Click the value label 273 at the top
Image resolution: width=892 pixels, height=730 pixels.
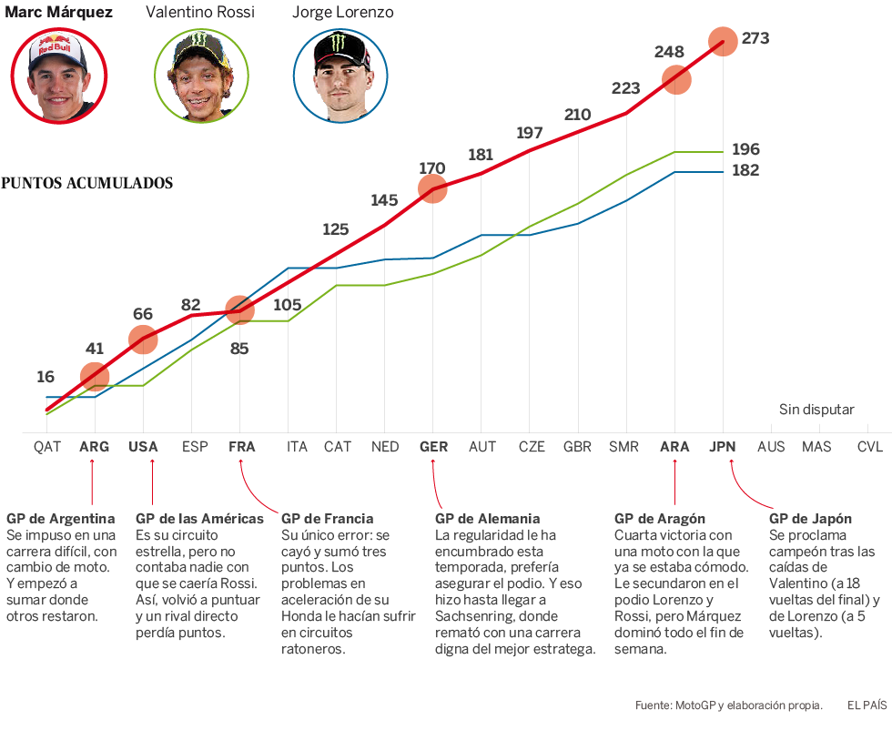coord(755,38)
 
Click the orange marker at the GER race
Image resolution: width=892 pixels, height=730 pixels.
coord(433,188)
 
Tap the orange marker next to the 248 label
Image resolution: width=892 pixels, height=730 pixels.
coord(675,79)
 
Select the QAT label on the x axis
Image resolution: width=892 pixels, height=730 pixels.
coord(47,447)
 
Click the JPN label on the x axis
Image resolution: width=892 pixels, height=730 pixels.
coord(723,447)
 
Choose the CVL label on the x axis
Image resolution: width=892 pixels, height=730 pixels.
coord(869,447)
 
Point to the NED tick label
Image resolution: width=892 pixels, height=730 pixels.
coord(385,447)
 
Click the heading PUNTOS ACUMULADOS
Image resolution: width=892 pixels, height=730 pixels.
coord(87,183)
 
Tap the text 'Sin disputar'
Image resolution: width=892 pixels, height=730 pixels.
coord(816,410)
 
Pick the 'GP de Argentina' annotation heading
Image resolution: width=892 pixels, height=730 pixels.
coord(60,519)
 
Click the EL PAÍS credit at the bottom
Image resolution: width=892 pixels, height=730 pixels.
coord(867,705)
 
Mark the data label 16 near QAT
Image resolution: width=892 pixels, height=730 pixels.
coord(46,377)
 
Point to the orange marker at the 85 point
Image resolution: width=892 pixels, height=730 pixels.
coord(239,311)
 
